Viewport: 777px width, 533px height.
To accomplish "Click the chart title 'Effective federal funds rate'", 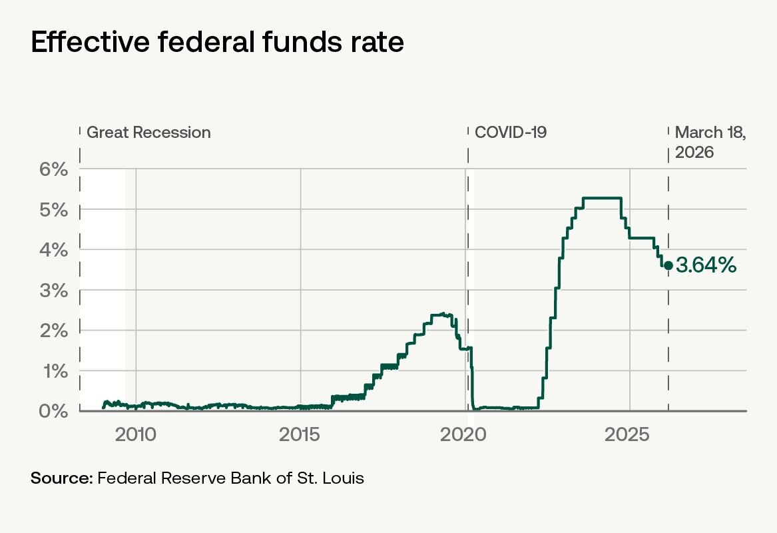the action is tap(217, 42).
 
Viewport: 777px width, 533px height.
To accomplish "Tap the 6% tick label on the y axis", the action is tap(53, 170).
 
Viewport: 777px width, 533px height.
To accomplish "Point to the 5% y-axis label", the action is tap(53, 210).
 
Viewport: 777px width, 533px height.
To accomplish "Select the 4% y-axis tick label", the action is tap(53, 250).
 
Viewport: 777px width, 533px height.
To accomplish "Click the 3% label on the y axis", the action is tap(53, 290).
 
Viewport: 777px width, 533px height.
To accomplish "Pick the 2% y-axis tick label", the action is tap(53, 330).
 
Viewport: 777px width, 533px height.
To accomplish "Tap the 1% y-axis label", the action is tap(55, 371).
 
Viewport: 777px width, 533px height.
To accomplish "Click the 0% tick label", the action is tap(53, 411).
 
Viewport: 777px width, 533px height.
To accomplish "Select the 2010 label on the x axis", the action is tap(136, 435).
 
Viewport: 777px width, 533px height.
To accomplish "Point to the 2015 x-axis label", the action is tap(300, 435).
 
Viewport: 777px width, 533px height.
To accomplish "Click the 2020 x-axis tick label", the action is tap(463, 435).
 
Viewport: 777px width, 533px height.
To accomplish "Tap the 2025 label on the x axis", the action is tap(627, 435).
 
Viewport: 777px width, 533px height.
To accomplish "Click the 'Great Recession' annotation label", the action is tap(148, 133).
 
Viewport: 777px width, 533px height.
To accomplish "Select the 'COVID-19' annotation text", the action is tap(511, 133).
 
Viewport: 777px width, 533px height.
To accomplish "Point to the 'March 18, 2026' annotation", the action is tap(710, 143).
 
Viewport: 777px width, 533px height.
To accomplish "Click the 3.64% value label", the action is tap(706, 266).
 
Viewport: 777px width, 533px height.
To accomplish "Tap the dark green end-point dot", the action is tap(668, 266).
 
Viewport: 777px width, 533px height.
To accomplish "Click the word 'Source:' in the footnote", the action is tap(62, 478).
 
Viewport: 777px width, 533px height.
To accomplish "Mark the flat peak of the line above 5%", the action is tap(602, 199).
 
